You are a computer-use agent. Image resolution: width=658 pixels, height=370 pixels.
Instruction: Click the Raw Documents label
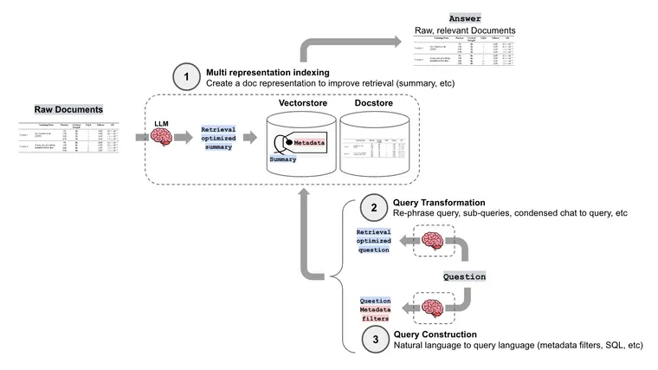click(68, 110)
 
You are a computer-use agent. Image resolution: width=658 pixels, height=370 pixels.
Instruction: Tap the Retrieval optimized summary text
click(219, 136)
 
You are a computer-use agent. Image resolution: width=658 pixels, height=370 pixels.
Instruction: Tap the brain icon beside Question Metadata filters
click(432, 307)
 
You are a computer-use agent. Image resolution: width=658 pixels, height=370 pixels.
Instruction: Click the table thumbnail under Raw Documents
click(68, 136)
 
